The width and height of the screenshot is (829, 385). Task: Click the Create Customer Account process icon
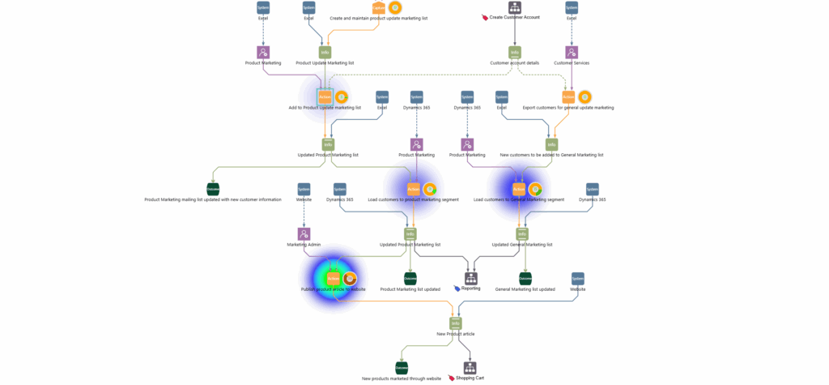tap(514, 7)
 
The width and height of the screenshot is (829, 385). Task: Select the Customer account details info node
tap(514, 52)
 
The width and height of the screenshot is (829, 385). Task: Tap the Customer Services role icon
tap(572, 52)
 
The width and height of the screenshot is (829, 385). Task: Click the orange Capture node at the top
tap(379, 7)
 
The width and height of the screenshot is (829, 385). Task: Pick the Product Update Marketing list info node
tap(325, 52)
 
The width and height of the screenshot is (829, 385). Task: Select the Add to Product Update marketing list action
tap(325, 96)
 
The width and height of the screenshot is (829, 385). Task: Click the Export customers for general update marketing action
tap(568, 96)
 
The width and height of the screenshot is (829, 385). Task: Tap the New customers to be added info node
tap(551, 144)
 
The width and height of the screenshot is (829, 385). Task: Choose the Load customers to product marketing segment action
tap(414, 189)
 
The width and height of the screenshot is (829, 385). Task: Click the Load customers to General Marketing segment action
tap(519, 189)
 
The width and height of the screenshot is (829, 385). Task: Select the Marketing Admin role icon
tap(304, 233)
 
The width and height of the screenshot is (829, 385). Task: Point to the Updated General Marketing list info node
tap(522, 233)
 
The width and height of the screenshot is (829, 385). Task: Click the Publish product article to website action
tap(333, 278)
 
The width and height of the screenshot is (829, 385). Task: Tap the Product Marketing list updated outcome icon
tap(410, 278)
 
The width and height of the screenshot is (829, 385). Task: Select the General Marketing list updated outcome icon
tap(525, 278)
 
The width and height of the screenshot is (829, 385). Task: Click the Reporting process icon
tap(470, 278)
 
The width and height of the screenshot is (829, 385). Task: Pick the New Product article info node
tap(456, 323)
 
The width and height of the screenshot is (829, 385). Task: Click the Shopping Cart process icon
tap(470, 368)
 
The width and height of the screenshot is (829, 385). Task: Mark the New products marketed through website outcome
tap(402, 368)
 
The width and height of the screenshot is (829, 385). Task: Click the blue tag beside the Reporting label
tap(457, 289)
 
